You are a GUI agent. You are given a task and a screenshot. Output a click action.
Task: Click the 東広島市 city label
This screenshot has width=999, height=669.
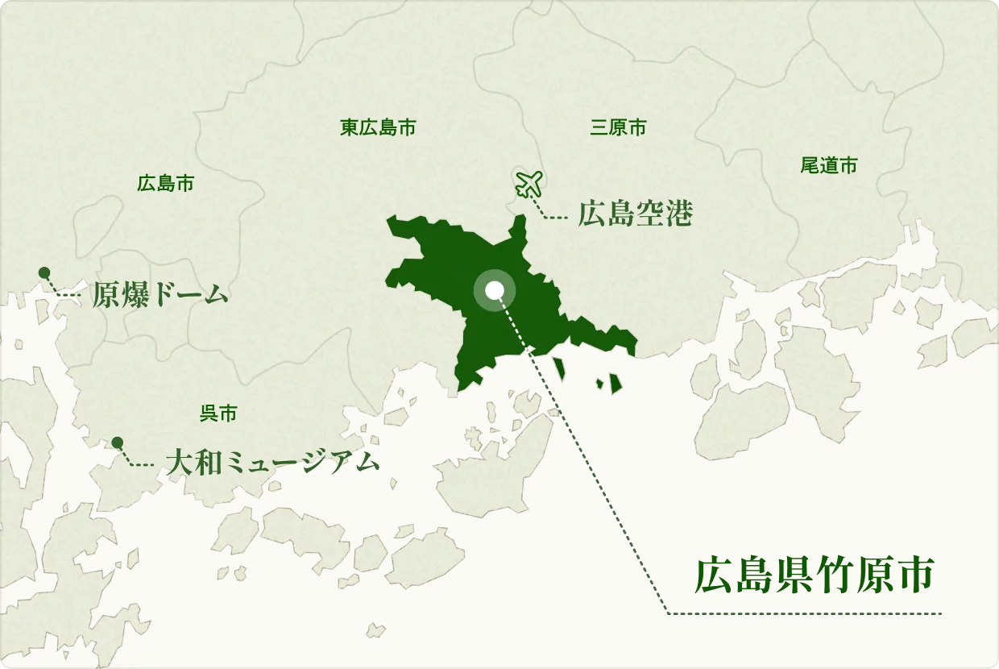tap(378, 127)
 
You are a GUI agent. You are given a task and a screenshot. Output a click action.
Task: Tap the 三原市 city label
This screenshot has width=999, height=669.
tap(618, 127)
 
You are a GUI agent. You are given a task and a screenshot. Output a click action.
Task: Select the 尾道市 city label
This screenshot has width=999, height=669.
tap(829, 166)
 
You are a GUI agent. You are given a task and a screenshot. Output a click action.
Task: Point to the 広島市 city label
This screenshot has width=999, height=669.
tap(165, 183)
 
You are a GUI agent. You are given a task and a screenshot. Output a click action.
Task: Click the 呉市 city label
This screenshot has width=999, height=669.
tap(218, 414)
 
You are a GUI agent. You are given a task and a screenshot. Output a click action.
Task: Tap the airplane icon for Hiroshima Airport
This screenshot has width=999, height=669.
tap(529, 185)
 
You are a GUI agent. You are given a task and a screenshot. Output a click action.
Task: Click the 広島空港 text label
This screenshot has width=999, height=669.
tap(635, 214)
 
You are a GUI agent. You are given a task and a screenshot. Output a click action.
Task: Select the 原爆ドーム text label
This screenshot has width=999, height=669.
tap(160, 296)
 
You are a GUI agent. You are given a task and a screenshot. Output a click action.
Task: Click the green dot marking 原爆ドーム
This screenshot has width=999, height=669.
tap(44, 272)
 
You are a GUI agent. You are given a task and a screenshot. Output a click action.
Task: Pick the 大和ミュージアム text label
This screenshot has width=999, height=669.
tap(272, 462)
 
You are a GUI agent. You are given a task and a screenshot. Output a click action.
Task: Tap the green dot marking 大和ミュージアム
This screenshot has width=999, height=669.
tap(118, 442)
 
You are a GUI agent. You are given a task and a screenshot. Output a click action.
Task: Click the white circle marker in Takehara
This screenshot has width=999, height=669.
tap(495, 290)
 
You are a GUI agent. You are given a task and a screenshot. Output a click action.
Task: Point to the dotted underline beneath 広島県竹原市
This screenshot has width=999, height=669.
tap(806, 614)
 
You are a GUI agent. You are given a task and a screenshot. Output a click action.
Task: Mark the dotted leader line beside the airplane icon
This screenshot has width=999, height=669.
tap(553, 216)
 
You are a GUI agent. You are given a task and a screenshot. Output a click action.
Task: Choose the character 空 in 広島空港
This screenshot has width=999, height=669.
tap(649, 214)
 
